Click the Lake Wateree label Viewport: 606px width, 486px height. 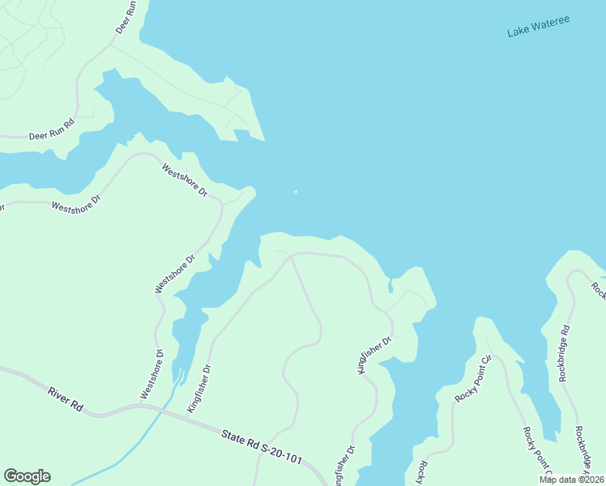coord(538,25)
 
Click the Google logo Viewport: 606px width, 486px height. coord(27,476)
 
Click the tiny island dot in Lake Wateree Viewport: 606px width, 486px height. coord(296,192)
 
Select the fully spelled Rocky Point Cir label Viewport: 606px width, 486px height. coord(474,379)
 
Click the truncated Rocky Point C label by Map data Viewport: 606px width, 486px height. coord(537,450)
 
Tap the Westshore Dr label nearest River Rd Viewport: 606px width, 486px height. coord(151,374)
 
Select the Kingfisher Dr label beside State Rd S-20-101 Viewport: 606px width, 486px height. coord(199,390)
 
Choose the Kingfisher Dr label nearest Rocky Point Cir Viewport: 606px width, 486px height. coord(374,355)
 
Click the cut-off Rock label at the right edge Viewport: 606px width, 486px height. coord(598,289)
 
